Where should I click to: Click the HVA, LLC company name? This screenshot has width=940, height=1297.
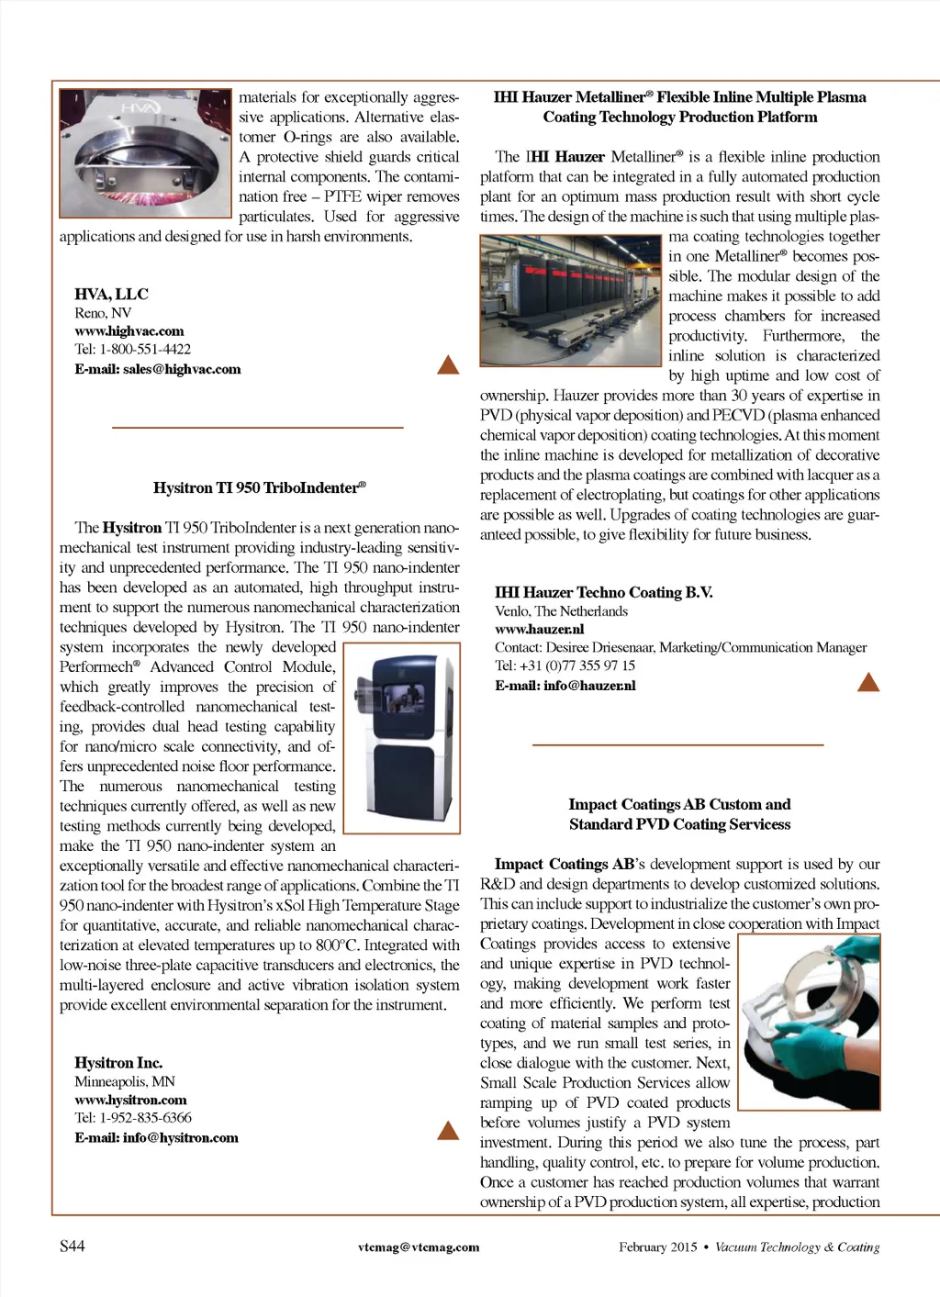tap(111, 294)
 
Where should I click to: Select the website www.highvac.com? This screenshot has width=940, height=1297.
tap(129, 330)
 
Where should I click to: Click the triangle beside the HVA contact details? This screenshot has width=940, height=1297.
tap(448, 365)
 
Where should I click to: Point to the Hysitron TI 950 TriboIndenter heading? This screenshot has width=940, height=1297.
tap(259, 487)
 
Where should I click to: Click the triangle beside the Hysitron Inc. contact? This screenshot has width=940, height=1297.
tap(448, 1130)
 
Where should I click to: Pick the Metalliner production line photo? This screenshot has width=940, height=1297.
tap(570, 300)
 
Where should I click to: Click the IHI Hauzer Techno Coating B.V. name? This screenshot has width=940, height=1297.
tap(603, 592)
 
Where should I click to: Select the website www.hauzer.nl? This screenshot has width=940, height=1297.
tap(539, 629)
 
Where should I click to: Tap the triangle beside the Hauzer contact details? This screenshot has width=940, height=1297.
tap(867, 681)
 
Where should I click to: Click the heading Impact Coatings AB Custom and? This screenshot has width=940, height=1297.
tap(679, 804)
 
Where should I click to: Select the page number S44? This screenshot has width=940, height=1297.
tap(73, 1246)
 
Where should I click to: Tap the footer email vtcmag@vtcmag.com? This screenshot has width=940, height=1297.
tap(419, 1247)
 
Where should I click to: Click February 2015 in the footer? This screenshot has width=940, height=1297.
tap(657, 1247)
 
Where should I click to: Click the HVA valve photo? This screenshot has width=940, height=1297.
tap(145, 152)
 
